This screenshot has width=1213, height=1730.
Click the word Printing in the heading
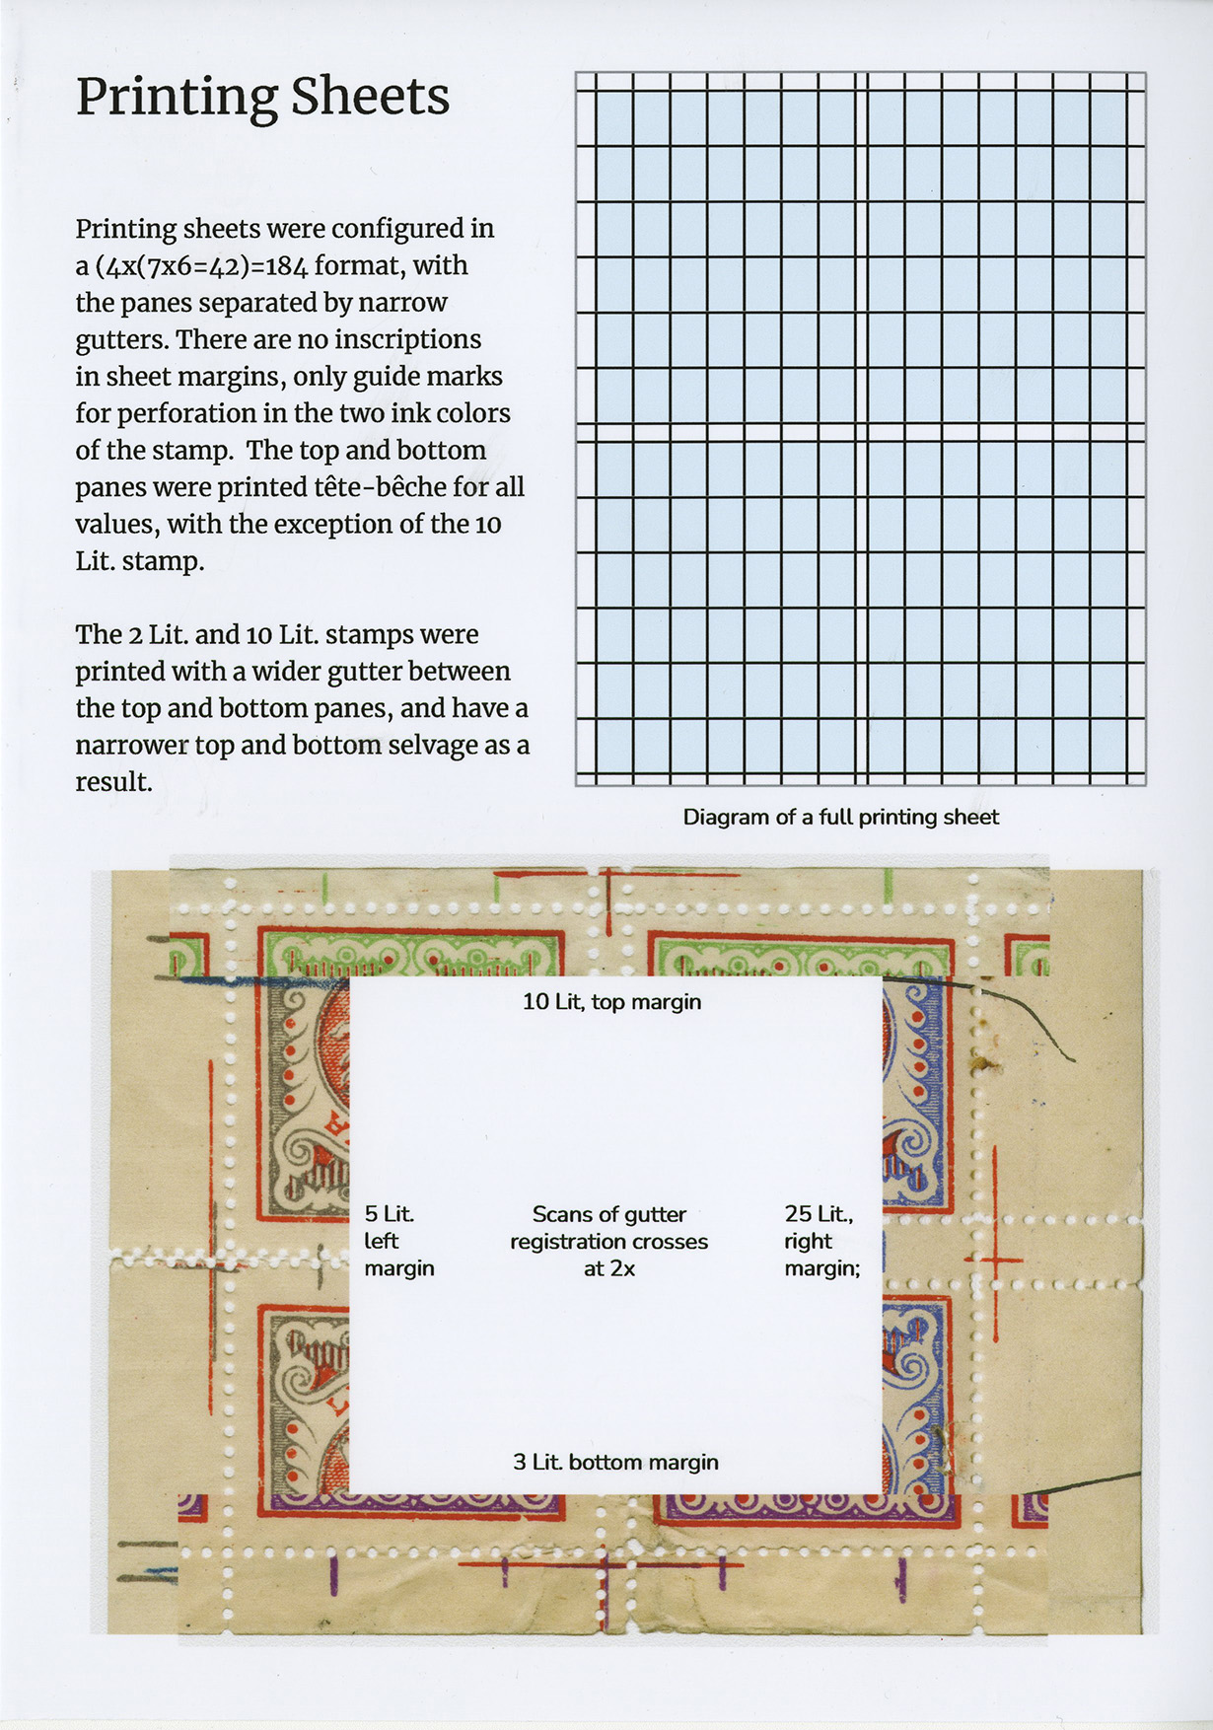175,98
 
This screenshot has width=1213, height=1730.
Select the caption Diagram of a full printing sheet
840,817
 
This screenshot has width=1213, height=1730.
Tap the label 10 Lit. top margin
611,1002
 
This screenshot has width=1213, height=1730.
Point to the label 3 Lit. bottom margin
615,1462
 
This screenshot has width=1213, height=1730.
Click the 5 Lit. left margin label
398,1241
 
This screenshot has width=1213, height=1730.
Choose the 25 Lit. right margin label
821,1241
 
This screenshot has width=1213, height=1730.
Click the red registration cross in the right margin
994,1260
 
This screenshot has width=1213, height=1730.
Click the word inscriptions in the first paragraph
407,339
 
